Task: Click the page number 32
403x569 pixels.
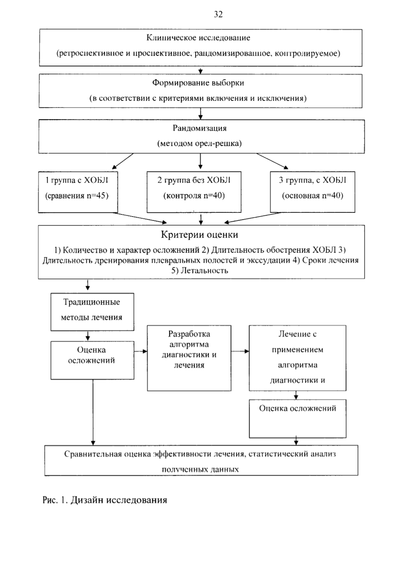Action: [218, 14]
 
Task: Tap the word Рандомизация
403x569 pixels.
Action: [200, 128]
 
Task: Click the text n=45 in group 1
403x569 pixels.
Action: [98, 196]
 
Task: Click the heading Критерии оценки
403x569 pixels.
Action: [200, 235]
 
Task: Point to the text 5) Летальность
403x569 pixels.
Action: [200, 271]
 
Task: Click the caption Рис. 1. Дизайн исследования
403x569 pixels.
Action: [105, 500]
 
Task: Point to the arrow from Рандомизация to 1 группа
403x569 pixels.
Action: [123, 161]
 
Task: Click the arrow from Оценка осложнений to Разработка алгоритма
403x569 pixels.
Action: [141, 351]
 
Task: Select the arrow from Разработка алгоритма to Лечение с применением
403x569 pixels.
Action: [240, 351]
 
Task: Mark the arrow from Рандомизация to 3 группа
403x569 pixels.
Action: [272, 161]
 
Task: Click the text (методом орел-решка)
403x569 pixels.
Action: [200, 143]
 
